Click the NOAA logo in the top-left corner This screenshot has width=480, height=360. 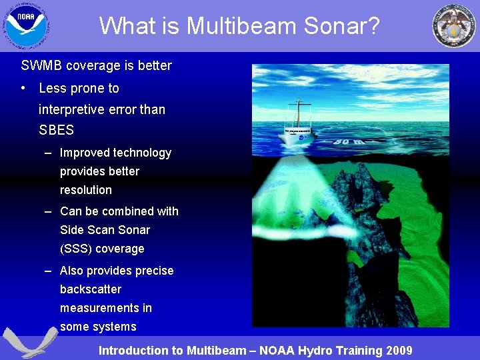(x=26, y=26)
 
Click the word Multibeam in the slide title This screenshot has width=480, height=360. (x=233, y=26)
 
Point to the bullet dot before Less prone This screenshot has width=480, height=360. (x=24, y=88)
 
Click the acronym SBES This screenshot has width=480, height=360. (x=56, y=131)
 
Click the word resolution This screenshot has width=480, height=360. (x=86, y=190)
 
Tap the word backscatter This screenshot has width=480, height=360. (x=91, y=289)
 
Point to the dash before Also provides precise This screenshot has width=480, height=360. (x=49, y=271)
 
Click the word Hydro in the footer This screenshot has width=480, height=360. (x=319, y=351)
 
